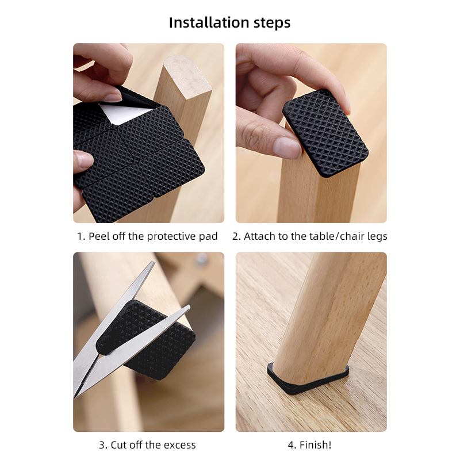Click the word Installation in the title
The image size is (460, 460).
click(209, 22)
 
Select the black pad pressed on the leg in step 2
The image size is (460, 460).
click(325, 133)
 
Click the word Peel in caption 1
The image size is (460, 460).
click(98, 236)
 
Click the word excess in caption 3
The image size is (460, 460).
click(179, 445)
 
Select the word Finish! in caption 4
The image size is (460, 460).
click(315, 444)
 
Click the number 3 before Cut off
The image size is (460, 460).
click(102, 445)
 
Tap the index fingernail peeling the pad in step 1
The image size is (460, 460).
click(113, 98)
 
